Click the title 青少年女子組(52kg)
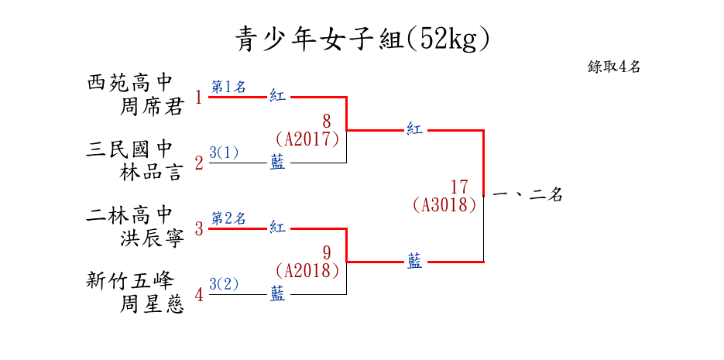coord(362,38)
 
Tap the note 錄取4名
coord(613,67)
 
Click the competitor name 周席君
coord(152,107)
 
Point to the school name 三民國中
coord(130,149)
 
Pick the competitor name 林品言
coord(152,172)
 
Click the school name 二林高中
coord(130,214)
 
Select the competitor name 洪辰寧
coord(152,238)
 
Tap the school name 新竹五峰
coord(130,280)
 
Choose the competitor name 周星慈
coord(152,304)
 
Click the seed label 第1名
coord(228,87)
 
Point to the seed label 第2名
coord(228,218)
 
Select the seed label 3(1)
coord(224,153)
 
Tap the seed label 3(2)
coord(224,284)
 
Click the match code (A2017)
coord(307,139)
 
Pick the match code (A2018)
coord(307,271)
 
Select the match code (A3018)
coord(444,205)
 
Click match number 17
coord(459,187)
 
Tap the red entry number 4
coord(199,295)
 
